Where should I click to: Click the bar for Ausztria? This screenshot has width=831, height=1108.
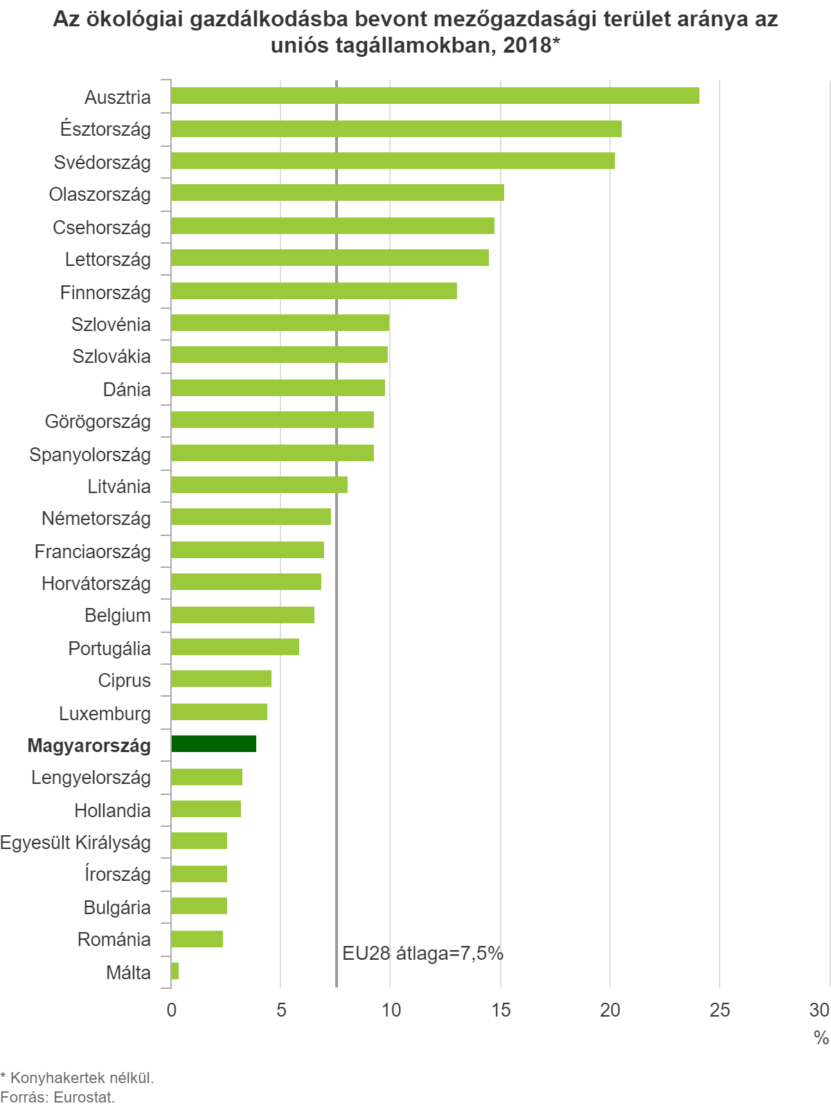coord(435,96)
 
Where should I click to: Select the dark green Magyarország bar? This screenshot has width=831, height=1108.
coord(213,744)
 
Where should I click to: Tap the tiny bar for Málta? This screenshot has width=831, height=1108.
coord(175,971)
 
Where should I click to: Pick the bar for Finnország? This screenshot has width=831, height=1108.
coord(314,291)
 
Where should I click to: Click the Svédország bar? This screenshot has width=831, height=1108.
coord(393,161)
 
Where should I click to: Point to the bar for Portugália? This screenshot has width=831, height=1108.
coord(235,647)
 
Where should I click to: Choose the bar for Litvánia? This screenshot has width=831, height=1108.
coord(259,485)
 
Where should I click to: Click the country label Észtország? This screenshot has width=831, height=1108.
coord(105,129)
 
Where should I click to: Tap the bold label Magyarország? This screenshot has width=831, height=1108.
coord(89,746)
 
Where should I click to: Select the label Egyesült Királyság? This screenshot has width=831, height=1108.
coord(75,843)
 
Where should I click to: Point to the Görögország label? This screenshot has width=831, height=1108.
coord(98,422)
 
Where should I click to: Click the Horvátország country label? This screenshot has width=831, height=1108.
coord(96,584)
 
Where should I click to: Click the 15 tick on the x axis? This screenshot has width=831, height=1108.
coord(501,1010)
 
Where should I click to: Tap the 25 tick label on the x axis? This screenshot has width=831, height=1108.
coord(720,1010)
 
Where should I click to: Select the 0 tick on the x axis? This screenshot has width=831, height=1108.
coord(171,1010)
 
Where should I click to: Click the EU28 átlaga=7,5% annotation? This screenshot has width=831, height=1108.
coord(422,954)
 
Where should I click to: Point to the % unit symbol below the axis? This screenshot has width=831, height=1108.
coord(821,1037)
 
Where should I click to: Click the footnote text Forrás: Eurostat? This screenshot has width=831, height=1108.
coord(57,1097)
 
